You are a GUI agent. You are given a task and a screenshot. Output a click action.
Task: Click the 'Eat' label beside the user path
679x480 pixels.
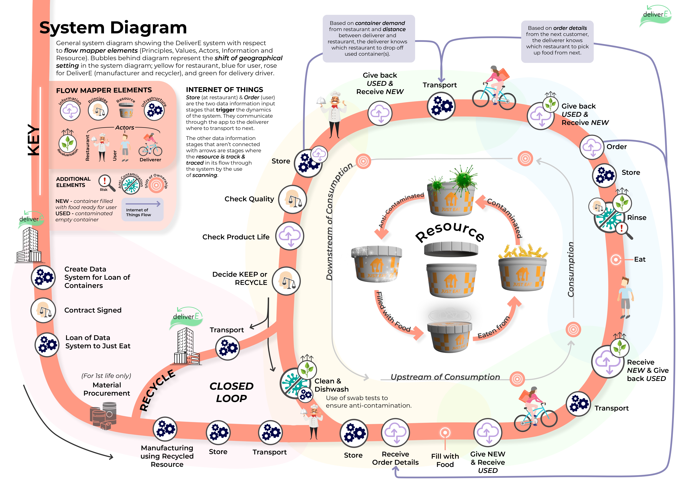640,260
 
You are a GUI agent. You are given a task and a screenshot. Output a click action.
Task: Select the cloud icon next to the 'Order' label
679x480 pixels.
591,147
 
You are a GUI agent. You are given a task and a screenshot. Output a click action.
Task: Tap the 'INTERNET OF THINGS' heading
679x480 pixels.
224,90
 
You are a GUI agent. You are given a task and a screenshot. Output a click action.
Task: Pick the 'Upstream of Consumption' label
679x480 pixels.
445,377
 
